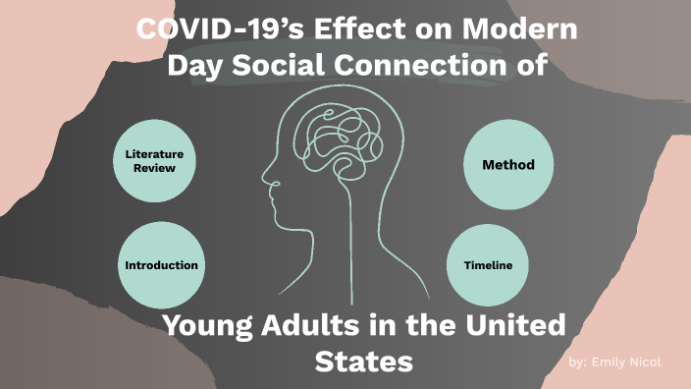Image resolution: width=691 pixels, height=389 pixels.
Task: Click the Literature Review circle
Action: (x=161, y=161)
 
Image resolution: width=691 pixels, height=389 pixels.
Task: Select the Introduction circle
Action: (x=161, y=265)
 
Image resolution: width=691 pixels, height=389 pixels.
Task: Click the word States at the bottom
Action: (x=363, y=361)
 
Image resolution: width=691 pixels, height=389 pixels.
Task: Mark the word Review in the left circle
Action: (x=155, y=168)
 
